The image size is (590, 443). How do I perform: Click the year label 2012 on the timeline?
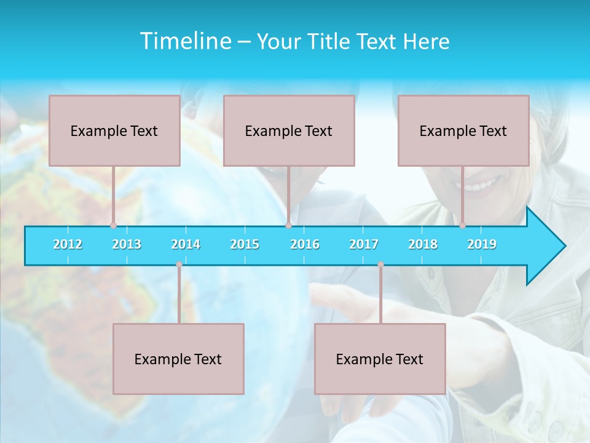pyautogui.click(x=68, y=244)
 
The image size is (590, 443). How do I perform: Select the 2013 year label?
pyautogui.click(x=127, y=244)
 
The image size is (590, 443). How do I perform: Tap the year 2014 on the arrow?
pyautogui.click(x=186, y=244)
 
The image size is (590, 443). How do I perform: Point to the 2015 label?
pyautogui.click(x=245, y=244)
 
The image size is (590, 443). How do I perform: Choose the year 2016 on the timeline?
pyautogui.click(x=305, y=244)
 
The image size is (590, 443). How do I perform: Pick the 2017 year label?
pyautogui.click(x=364, y=244)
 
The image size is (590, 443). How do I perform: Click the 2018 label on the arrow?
pyautogui.click(x=423, y=244)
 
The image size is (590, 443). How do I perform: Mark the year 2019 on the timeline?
pyautogui.click(x=482, y=244)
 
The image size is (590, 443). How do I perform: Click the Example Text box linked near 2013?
pyautogui.click(x=114, y=130)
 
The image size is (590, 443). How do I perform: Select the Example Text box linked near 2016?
pyautogui.click(x=289, y=130)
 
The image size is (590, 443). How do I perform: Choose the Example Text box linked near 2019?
pyautogui.click(x=463, y=130)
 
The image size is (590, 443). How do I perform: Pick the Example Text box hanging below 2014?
pyautogui.click(x=178, y=359)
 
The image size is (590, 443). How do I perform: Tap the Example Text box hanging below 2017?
pyautogui.click(x=380, y=359)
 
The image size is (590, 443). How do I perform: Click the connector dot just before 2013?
pyautogui.click(x=113, y=225)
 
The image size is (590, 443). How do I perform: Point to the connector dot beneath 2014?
pyautogui.click(x=179, y=265)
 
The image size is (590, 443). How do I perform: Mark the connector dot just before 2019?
pyautogui.click(x=462, y=225)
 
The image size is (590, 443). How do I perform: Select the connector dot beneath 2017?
pyautogui.click(x=380, y=265)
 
